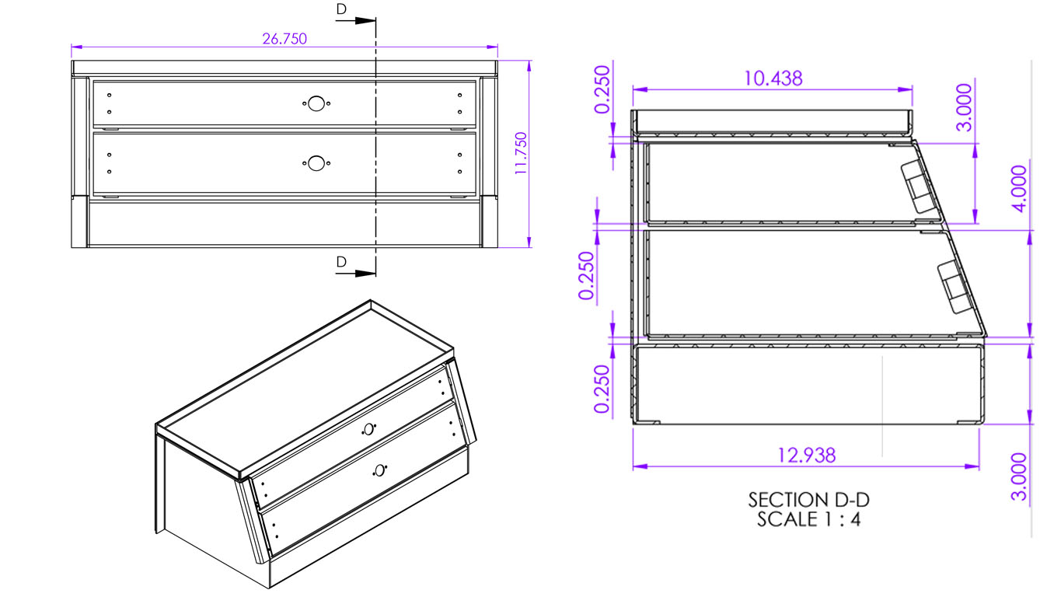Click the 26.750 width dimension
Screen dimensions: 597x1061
[284, 39]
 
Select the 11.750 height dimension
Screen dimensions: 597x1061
[521, 153]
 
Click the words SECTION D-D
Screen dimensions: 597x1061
[808, 499]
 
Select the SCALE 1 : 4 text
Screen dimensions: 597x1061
[808, 519]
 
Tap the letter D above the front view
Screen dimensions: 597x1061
[341, 9]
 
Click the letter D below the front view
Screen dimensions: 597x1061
[341, 263]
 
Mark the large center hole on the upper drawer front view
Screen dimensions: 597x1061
[315, 103]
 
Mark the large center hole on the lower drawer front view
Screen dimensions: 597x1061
[315, 163]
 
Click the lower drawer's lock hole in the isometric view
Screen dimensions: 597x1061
[379, 470]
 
